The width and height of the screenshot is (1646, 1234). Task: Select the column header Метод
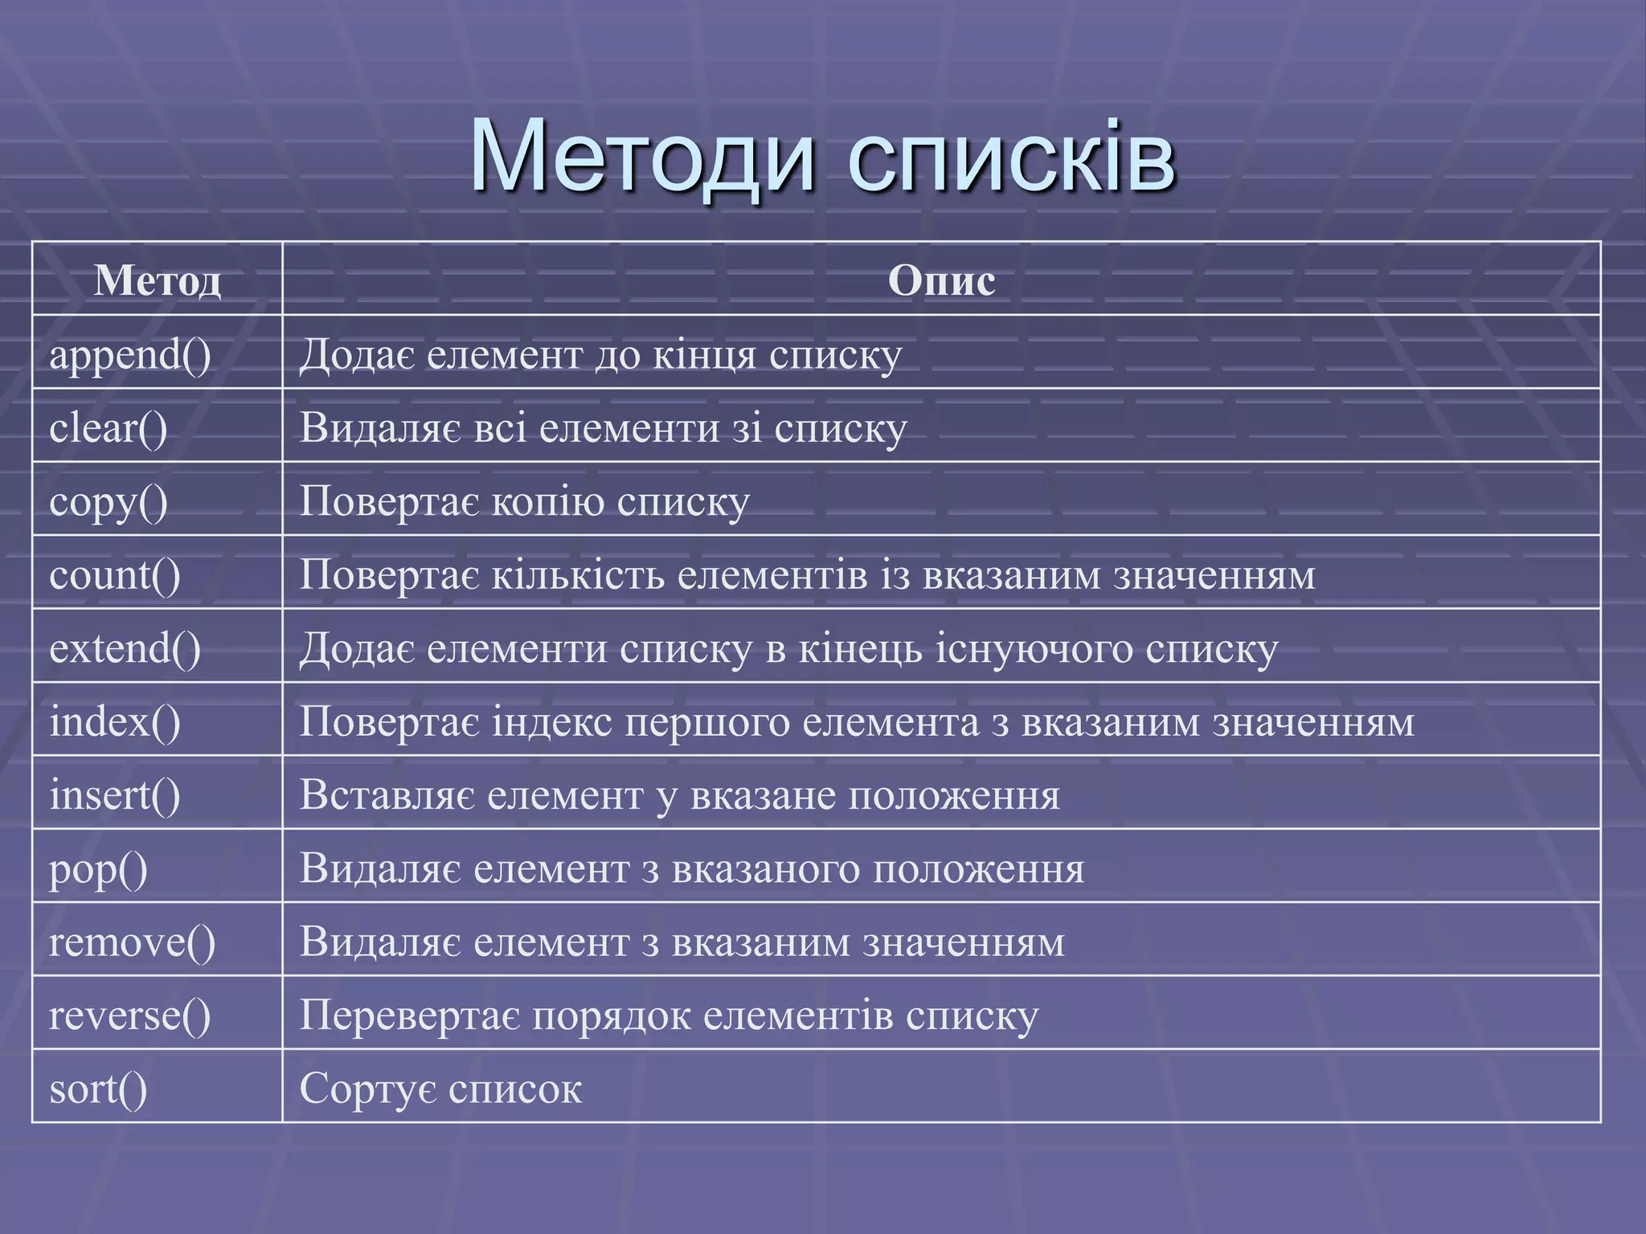[158, 280]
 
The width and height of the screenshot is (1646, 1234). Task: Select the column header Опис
[941, 280]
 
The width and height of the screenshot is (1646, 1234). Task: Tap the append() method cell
[130, 354]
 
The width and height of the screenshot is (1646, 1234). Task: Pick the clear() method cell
[109, 427]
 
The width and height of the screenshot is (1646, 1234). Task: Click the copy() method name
[109, 502]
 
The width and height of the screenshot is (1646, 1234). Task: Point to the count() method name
[115, 575]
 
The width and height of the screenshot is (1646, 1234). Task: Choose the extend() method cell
[125, 648]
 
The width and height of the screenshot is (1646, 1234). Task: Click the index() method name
[115, 721]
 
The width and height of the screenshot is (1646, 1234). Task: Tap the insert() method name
[115, 795]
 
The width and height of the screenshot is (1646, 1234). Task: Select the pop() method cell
[99, 869]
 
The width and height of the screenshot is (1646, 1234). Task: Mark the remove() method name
[133, 942]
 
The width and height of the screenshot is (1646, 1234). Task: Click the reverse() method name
[130, 1015]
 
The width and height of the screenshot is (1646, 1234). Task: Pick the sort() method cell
[99, 1089]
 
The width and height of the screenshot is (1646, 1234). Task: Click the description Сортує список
[440, 1089]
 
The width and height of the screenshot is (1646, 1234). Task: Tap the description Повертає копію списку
[525, 502]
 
